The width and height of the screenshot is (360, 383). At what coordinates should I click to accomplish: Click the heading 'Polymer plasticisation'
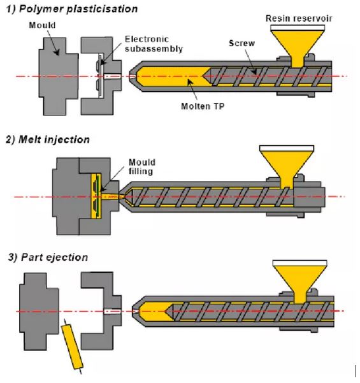(78, 9)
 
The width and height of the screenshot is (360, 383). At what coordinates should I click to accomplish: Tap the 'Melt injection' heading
(54, 140)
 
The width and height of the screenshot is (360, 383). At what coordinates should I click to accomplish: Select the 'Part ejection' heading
(54, 257)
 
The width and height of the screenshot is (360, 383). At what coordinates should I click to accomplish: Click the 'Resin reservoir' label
(299, 18)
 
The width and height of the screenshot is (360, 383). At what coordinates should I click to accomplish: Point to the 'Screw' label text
(241, 43)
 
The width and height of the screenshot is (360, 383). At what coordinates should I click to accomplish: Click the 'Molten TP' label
(203, 106)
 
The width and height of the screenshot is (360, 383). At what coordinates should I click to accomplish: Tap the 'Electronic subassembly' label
(154, 44)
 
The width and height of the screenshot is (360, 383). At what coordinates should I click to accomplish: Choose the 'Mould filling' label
(142, 166)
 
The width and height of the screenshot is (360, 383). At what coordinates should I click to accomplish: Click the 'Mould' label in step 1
(42, 25)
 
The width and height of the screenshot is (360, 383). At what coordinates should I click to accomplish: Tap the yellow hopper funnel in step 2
(287, 166)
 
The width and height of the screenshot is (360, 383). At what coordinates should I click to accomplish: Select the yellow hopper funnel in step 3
(300, 282)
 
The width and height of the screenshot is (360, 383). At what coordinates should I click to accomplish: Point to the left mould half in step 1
(59, 76)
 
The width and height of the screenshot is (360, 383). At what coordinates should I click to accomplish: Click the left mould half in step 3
(39, 312)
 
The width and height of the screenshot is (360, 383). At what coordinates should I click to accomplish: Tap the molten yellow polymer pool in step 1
(171, 76)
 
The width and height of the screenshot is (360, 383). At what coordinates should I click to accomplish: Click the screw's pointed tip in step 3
(165, 312)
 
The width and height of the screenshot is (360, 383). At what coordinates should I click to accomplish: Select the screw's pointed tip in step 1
(203, 76)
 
